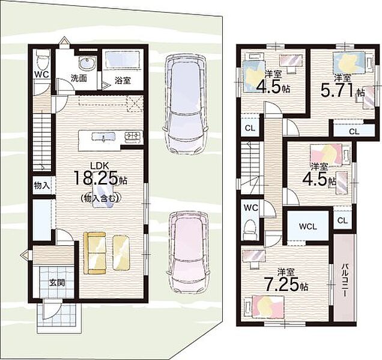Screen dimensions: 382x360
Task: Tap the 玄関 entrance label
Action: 57,283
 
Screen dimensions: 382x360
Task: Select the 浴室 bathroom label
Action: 123,80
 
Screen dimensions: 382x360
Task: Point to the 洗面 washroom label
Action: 79,79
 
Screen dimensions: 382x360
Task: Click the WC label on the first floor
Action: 41,75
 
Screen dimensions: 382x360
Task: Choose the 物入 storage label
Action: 42,186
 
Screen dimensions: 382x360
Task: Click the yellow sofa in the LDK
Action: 95,253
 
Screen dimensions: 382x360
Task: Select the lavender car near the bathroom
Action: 186,104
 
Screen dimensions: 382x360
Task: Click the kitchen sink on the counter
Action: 103,137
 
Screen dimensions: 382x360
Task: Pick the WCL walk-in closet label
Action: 308,227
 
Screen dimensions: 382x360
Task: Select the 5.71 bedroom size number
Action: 338,90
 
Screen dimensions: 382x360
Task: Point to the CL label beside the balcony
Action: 342,221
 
